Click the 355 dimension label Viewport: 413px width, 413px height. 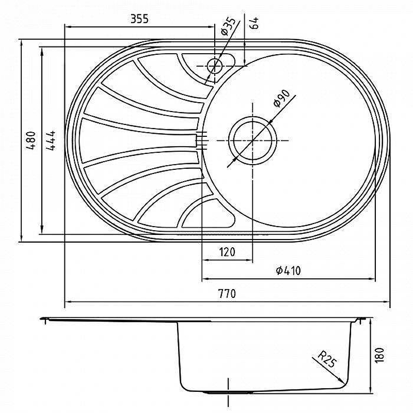point(139,19)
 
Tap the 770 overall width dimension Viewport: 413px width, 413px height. point(227,293)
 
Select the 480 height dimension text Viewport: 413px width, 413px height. point(31,140)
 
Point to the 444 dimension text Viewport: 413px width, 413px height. point(51,140)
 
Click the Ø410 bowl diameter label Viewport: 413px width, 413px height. point(288,271)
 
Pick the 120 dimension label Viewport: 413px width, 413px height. point(227,252)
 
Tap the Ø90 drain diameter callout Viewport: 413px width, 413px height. point(281,99)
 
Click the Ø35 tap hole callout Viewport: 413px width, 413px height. point(228,26)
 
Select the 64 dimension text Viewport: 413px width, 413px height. point(254,23)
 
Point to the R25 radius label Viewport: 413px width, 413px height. point(327,359)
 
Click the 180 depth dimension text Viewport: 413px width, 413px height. point(379,356)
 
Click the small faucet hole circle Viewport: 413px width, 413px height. point(215,66)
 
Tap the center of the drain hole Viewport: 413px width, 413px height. point(252,140)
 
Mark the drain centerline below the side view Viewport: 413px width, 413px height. point(228,392)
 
